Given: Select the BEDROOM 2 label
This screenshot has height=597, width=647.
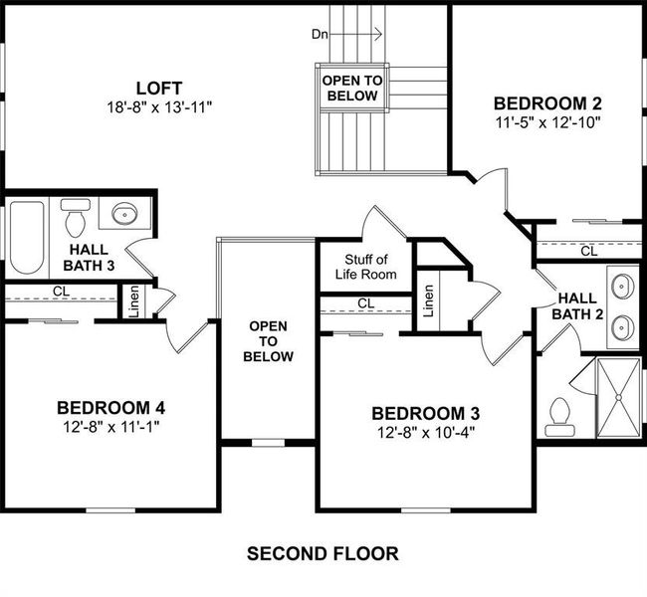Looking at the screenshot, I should (x=547, y=102).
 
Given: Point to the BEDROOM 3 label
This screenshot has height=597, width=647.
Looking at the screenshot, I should (x=418, y=414).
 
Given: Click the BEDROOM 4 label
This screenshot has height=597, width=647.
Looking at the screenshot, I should (x=110, y=407).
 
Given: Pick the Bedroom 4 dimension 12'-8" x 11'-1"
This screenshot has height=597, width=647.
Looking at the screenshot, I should (x=110, y=426).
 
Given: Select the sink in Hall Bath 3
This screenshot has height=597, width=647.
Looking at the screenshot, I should (x=125, y=214).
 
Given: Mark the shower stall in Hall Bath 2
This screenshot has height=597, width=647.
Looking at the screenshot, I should (x=616, y=397).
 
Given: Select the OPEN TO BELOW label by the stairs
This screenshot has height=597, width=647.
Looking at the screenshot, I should (x=349, y=88).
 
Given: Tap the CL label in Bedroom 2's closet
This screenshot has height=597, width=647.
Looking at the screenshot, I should (x=589, y=252).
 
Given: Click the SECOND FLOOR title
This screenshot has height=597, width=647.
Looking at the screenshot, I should (x=323, y=553).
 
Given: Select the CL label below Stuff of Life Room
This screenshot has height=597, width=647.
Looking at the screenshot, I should (x=365, y=302).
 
